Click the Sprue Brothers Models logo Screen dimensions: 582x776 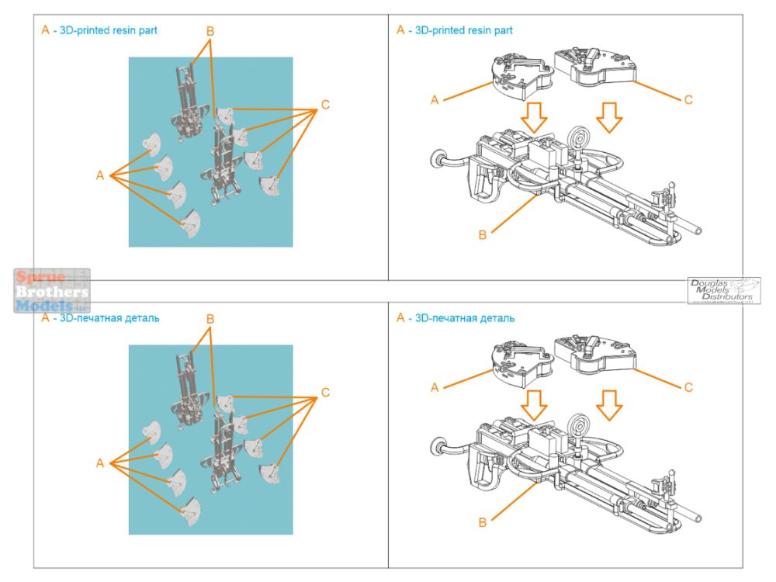(x=51, y=291)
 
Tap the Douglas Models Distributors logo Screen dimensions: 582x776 (x=723, y=290)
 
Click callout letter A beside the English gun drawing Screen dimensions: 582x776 (x=435, y=100)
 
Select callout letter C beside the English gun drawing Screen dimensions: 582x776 (x=688, y=99)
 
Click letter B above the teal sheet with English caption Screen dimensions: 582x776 (x=210, y=31)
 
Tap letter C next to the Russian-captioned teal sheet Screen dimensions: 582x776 (x=325, y=393)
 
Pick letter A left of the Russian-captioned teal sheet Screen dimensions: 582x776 (x=99, y=463)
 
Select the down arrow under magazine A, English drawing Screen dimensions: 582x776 (x=534, y=117)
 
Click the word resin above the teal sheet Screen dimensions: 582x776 (x=133, y=31)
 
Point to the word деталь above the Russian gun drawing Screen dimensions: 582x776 (x=492, y=318)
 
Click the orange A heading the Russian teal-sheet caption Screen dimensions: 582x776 (x=45, y=318)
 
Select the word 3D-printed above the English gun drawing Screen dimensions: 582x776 (x=442, y=31)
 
